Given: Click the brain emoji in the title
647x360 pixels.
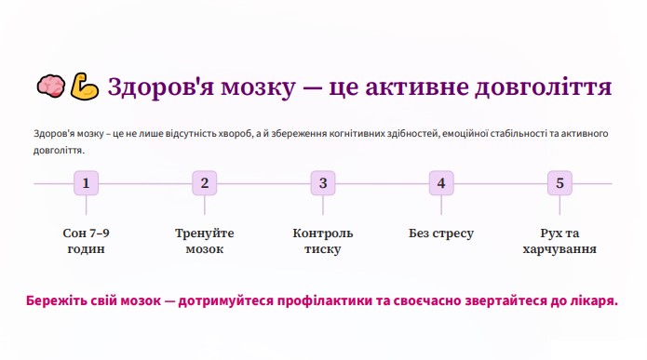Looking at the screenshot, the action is [51, 87].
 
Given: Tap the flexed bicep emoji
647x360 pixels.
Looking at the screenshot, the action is [84, 87].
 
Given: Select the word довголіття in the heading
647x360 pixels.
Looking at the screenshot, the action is [543, 87].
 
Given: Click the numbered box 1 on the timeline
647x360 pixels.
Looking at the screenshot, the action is [87, 183].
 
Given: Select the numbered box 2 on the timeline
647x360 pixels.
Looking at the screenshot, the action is [205, 183].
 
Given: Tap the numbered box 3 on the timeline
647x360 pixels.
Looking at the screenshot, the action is [323, 183].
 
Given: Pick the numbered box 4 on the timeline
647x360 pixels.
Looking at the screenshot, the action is [441, 183].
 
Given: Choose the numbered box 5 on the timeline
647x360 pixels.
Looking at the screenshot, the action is [559, 183].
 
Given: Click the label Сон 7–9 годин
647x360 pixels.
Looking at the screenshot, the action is [87, 241].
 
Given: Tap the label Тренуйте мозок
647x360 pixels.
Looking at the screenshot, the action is [205, 241].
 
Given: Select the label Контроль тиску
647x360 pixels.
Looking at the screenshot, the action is [323, 241].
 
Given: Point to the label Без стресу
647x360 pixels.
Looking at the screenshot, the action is [441, 233].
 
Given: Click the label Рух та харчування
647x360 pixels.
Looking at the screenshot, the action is [559, 241].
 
